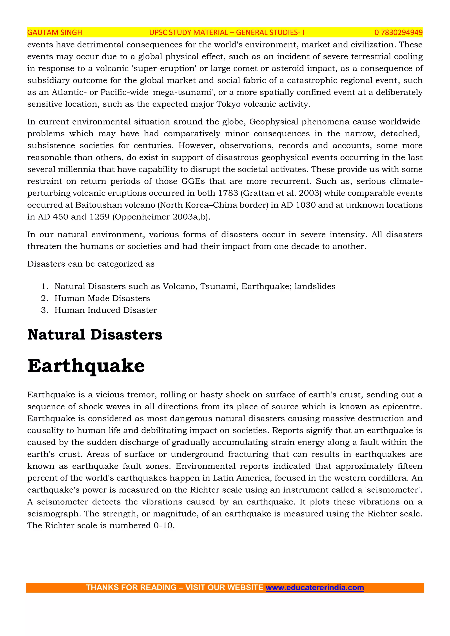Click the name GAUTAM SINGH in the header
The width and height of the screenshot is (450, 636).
(54, 33)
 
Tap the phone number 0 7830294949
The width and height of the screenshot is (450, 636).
(398, 33)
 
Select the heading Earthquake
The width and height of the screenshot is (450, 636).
(86, 366)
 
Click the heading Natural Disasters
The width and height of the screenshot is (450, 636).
(95, 335)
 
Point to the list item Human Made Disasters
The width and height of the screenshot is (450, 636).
(102, 298)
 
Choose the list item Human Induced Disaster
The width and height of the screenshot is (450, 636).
(105, 310)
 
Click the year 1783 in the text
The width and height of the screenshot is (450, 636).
(228, 193)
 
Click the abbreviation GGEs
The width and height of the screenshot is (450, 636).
(193, 181)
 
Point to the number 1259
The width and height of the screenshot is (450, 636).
(100, 217)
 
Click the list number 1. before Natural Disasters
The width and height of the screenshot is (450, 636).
(45, 286)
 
